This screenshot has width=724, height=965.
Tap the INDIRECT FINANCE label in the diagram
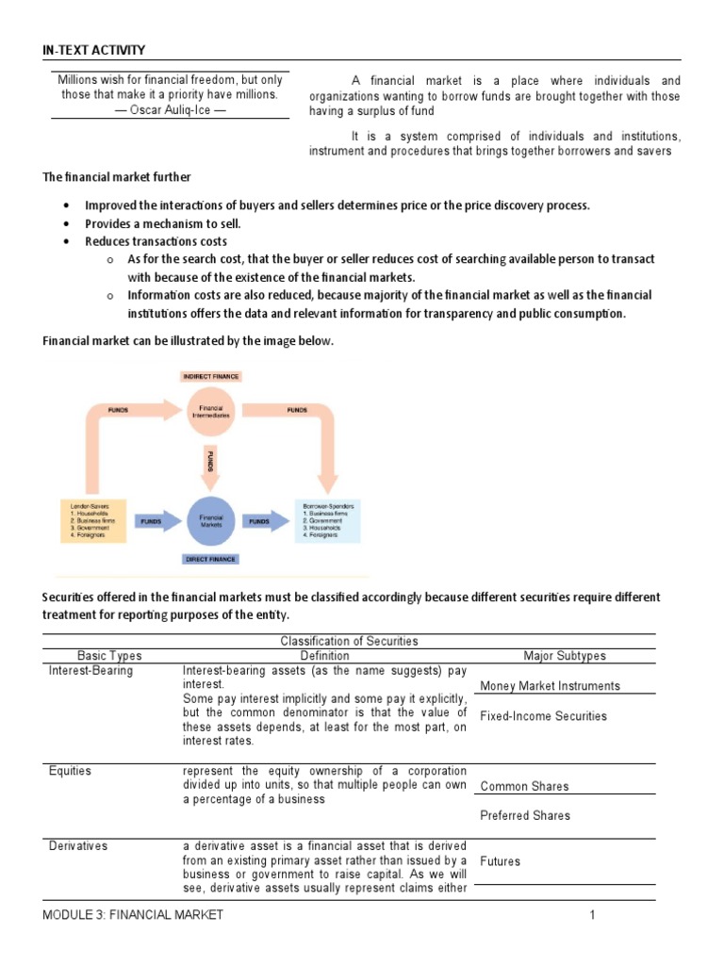click(x=210, y=376)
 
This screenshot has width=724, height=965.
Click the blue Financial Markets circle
click(x=211, y=520)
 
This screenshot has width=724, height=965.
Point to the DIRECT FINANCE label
click(x=210, y=559)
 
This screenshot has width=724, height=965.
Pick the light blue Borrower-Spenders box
click(x=327, y=520)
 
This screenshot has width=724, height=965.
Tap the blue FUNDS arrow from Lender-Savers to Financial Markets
click(x=151, y=520)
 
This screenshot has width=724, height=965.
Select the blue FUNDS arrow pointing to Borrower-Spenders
click(x=259, y=520)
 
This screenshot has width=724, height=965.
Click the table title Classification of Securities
click(x=349, y=641)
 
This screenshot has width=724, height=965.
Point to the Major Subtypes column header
click(x=565, y=656)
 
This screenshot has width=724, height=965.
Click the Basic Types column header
click(x=109, y=656)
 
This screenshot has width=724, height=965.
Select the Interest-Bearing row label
click(x=90, y=671)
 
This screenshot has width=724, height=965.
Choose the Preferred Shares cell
click(x=525, y=815)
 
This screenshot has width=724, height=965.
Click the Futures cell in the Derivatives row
click(x=500, y=861)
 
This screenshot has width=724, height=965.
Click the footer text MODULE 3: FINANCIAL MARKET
click(x=133, y=915)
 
